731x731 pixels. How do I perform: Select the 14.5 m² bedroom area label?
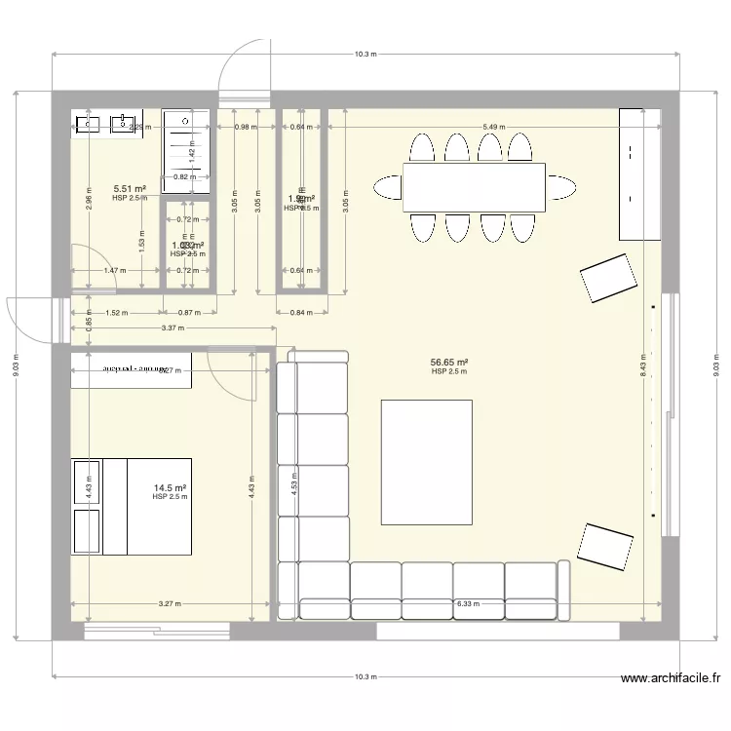170,488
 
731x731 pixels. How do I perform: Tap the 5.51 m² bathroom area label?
130,189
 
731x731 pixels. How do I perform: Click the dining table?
474,186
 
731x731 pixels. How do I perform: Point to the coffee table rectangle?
427,462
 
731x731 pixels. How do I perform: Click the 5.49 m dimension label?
495,127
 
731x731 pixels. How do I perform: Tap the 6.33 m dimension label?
468,603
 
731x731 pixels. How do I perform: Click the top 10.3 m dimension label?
365,55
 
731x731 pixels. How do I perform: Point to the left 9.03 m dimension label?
15,365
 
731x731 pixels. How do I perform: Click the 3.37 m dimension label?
173,328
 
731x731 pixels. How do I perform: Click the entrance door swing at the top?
242,70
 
